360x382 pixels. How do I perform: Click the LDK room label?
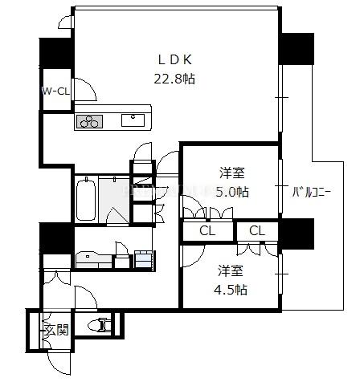tap(175, 59)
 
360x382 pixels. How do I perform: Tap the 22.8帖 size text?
tap(174, 79)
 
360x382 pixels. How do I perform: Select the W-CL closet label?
tap(55, 91)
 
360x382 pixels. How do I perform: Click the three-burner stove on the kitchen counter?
tap(90, 121)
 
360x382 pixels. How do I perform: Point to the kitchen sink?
tap(133, 120)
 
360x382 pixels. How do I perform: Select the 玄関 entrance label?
tap(56, 330)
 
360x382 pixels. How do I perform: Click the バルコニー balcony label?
tap(312, 192)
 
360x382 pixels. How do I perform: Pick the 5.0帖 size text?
tap(232, 192)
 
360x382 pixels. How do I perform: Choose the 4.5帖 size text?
tap(231, 290)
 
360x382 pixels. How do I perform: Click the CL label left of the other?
tap(207, 230)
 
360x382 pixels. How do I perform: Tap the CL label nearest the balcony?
tap(257, 230)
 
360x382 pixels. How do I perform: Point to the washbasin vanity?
tap(94, 259)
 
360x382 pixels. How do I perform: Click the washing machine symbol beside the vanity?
tap(143, 258)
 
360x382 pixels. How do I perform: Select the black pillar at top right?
tap(297, 48)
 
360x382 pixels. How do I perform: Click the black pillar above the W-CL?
tap(55, 54)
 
